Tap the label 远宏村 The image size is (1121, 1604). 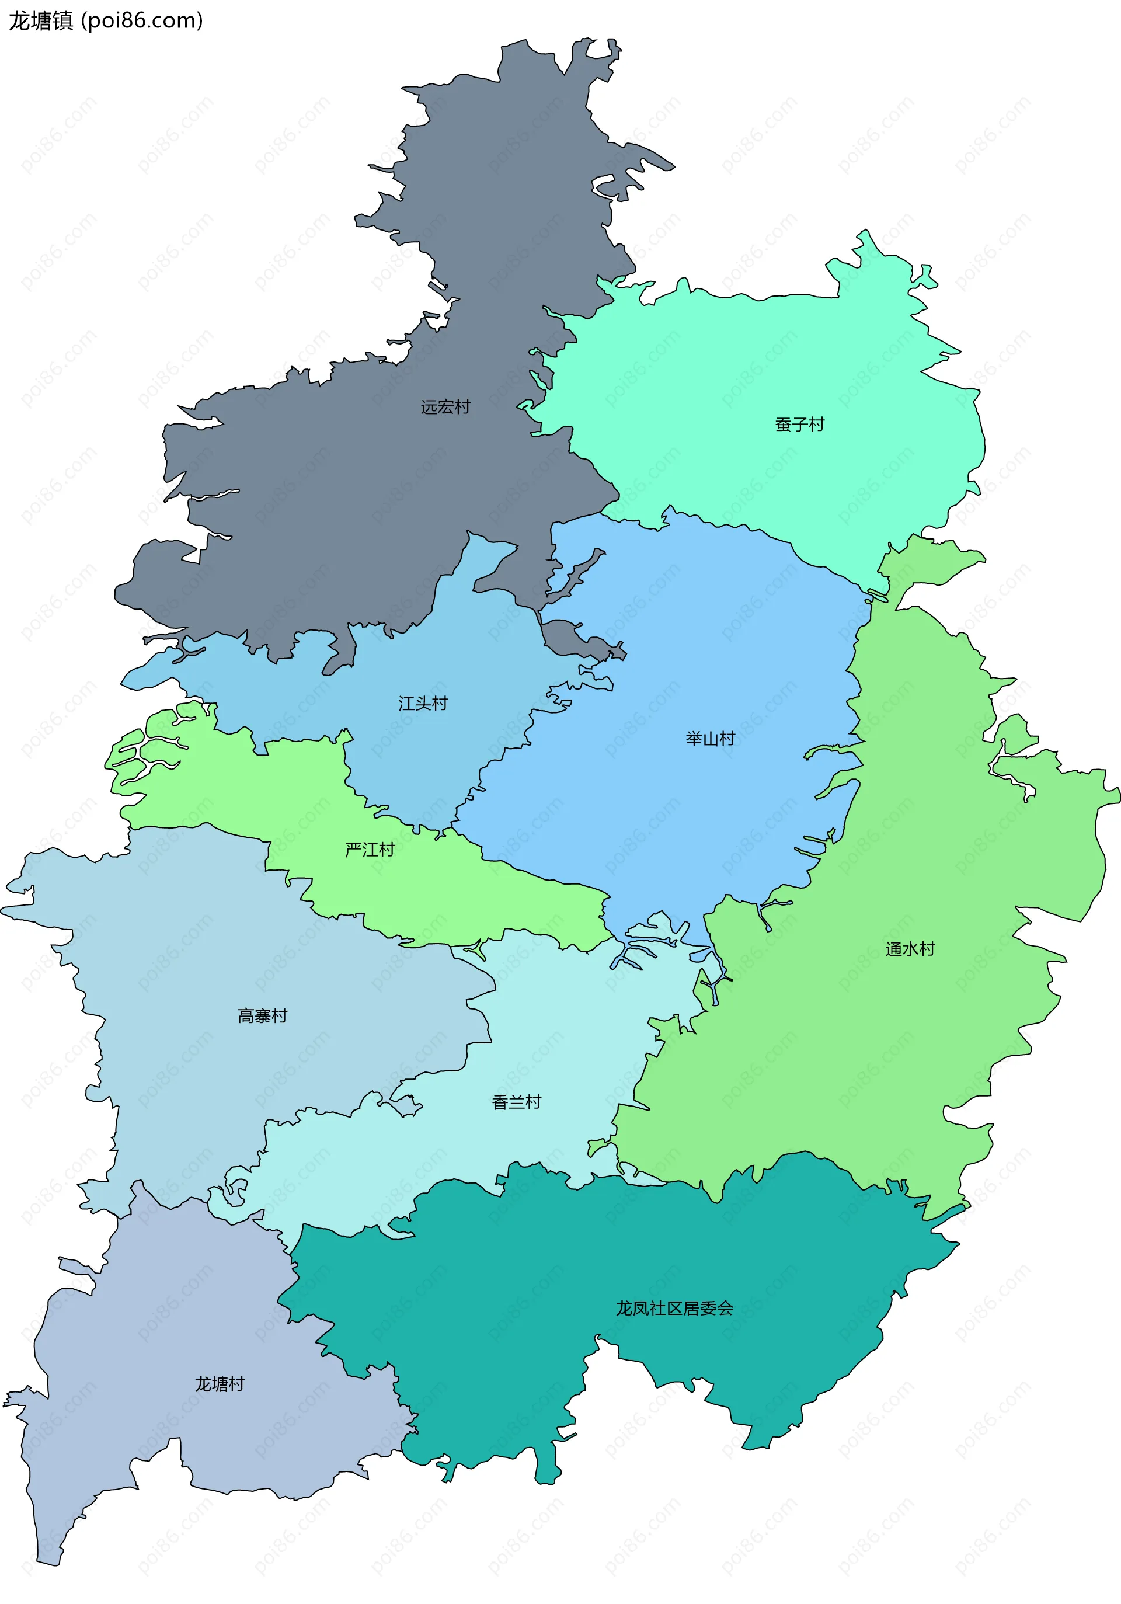click(x=445, y=406)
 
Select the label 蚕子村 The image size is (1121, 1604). click(x=799, y=424)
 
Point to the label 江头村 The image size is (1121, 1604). click(x=423, y=703)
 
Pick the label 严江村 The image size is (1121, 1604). click(x=370, y=850)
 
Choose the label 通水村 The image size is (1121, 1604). click(x=910, y=949)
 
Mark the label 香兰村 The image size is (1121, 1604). click(x=516, y=1102)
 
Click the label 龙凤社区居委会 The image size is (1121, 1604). click(x=674, y=1308)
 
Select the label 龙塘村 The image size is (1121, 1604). click(x=220, y=1384)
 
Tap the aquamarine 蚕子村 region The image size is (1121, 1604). click(x=768, y=363)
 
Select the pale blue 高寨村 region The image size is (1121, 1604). click(x=210, y=943)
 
